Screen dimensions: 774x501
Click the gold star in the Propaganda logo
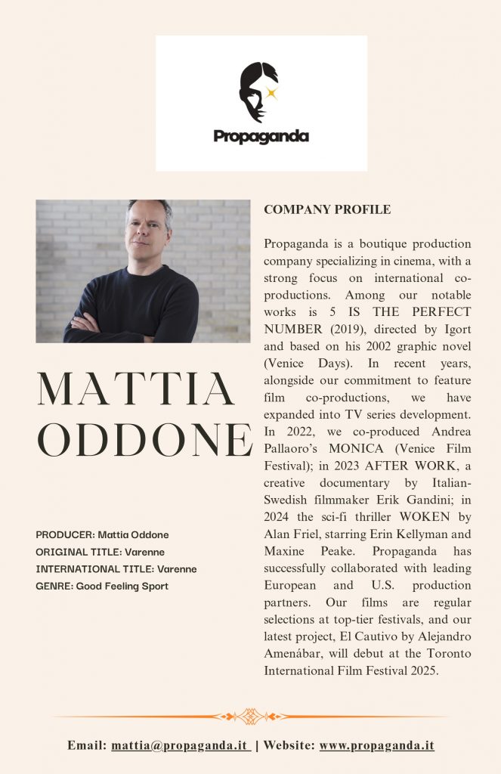pos(271,94)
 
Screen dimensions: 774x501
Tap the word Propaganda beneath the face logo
pos(261,137)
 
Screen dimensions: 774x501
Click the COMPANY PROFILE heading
pos(327,209)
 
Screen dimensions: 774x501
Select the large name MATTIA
pos(137,389)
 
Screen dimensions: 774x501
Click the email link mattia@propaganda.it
pos(181,745)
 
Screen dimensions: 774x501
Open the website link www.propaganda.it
pos(376,745)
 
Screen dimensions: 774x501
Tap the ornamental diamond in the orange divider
pos(251,716)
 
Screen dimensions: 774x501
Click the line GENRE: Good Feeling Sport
pos(102,586)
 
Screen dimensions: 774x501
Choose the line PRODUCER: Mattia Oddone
pos(102,534)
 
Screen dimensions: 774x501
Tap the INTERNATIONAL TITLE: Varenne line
pos(116,568)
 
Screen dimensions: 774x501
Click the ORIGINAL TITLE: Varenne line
pos(100,552)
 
